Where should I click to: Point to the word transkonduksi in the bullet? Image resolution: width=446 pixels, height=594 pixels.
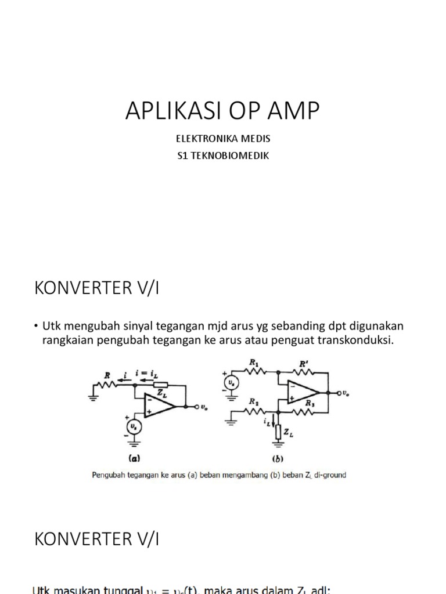point(361,340)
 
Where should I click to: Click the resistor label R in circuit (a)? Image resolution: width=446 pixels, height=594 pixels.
point(107,375)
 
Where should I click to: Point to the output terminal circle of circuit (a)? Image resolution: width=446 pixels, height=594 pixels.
point(196,406)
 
